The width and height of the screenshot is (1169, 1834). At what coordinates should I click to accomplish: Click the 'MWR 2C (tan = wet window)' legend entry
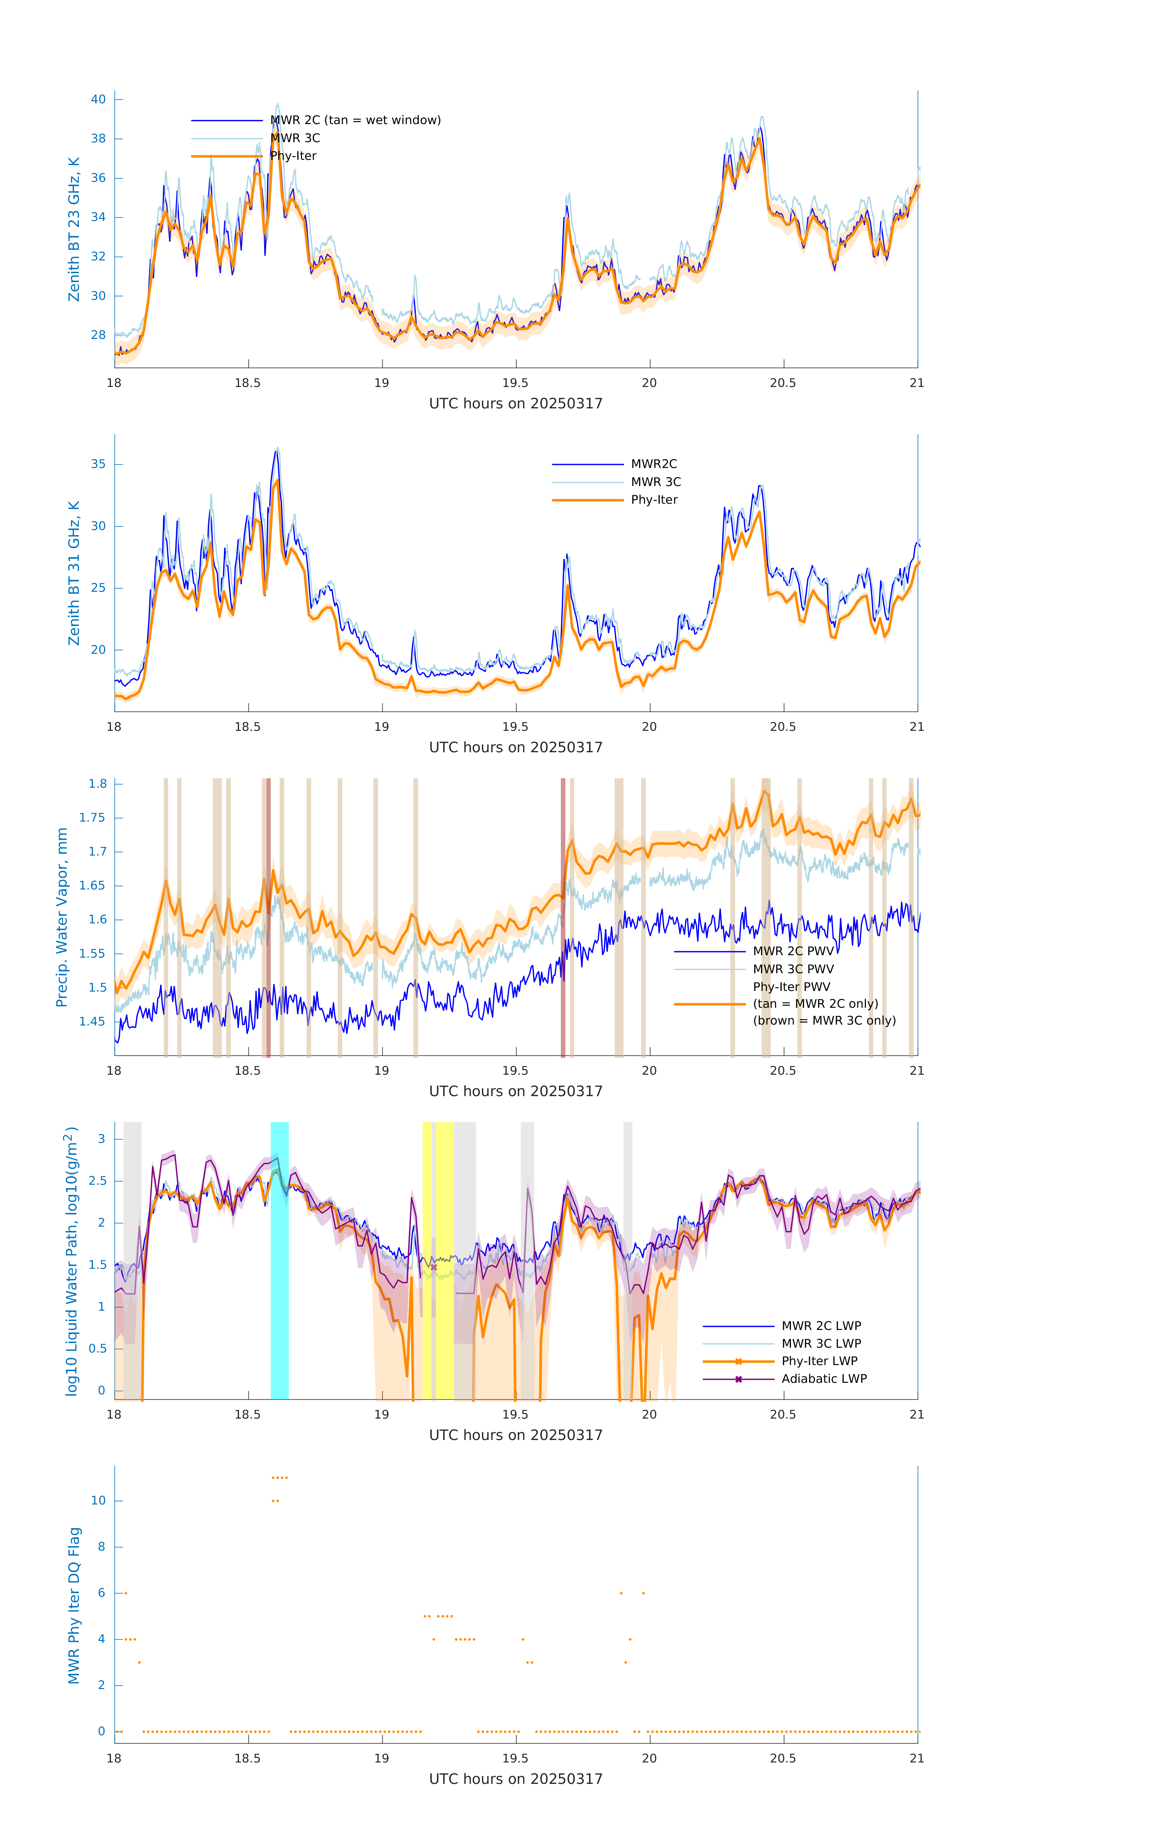pos(355,120)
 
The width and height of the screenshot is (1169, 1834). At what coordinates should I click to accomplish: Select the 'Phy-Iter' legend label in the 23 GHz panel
pos(293,156)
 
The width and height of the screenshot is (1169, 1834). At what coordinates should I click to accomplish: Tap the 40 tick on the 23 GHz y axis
pos(98,99)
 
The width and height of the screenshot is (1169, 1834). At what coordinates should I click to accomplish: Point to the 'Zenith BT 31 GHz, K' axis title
pos(74,573)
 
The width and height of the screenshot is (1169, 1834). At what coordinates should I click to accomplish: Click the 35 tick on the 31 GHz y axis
pos(98,464)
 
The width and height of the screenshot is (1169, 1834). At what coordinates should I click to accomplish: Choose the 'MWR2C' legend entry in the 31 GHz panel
pos(653,464)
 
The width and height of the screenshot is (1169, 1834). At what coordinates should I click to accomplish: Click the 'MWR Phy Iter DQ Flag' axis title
pos(74,1605)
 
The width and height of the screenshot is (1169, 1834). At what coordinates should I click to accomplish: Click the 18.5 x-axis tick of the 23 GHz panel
pos(248,383)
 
